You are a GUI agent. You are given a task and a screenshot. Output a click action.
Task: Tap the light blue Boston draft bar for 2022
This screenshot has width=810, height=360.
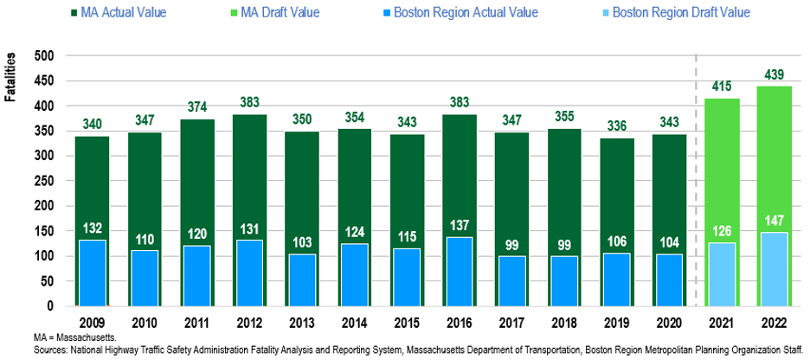[x=774, y=268]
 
